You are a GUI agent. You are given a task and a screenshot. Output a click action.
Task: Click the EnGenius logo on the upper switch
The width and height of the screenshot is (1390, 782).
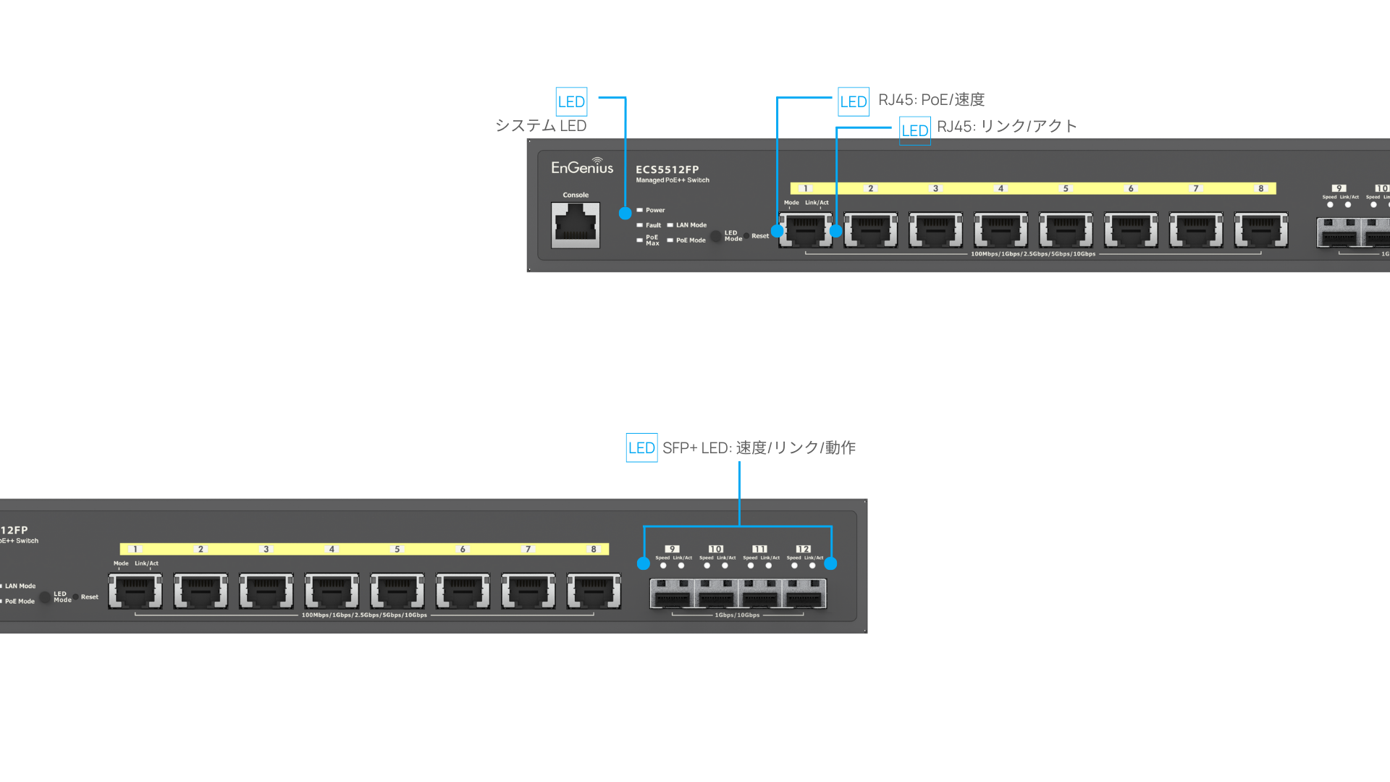pos(582,167)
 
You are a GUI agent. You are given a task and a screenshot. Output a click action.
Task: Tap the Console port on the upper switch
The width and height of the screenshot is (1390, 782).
pos(576,224)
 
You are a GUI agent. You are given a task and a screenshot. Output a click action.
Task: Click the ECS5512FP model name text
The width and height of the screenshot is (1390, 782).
pos(667,169)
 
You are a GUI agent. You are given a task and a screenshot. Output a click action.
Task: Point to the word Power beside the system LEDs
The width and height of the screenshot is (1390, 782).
pos(655,210)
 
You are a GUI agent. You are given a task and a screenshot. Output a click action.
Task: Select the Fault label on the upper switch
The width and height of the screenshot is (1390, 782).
pos(653,225)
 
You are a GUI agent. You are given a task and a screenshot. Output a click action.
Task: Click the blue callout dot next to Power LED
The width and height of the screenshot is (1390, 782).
pos(625,213)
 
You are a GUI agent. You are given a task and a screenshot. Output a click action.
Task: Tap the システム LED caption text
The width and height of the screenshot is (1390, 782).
pos(540,126)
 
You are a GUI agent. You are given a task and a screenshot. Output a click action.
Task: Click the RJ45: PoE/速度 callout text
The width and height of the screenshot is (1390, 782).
pos(931,100)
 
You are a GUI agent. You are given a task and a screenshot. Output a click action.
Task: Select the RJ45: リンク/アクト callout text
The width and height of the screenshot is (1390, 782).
pos(1006,127)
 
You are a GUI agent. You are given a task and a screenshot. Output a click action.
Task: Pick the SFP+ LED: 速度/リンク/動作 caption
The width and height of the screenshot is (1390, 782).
pos(759,448)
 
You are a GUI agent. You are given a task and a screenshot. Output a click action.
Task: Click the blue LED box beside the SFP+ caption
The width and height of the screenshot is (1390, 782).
pos(641,448)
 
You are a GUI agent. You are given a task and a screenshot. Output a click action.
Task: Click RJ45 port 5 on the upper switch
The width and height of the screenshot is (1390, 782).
pos(1066,230)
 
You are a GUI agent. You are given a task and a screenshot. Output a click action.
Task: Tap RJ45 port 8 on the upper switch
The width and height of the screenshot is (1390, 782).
pos(1261,230)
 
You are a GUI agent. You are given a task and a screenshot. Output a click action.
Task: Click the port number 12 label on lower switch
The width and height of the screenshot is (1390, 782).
pos(803,549)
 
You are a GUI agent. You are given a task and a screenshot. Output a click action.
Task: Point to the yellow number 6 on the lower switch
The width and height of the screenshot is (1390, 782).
pos(463,550)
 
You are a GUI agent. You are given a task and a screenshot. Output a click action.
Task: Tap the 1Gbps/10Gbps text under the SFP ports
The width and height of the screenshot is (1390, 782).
pos(737,615)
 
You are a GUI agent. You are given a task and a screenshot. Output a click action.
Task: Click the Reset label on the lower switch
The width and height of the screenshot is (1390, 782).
pos(90,597)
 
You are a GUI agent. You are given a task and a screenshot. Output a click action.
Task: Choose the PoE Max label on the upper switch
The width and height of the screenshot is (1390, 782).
pos(652,240)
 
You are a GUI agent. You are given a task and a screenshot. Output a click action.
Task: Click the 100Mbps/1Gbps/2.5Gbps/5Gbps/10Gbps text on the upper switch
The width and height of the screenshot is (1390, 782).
pos(1033,254)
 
